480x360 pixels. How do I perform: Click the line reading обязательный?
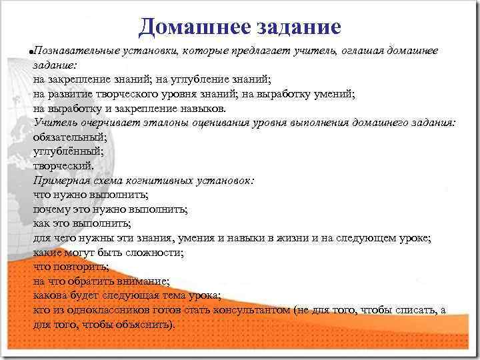69,137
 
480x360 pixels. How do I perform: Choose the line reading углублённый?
68,151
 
